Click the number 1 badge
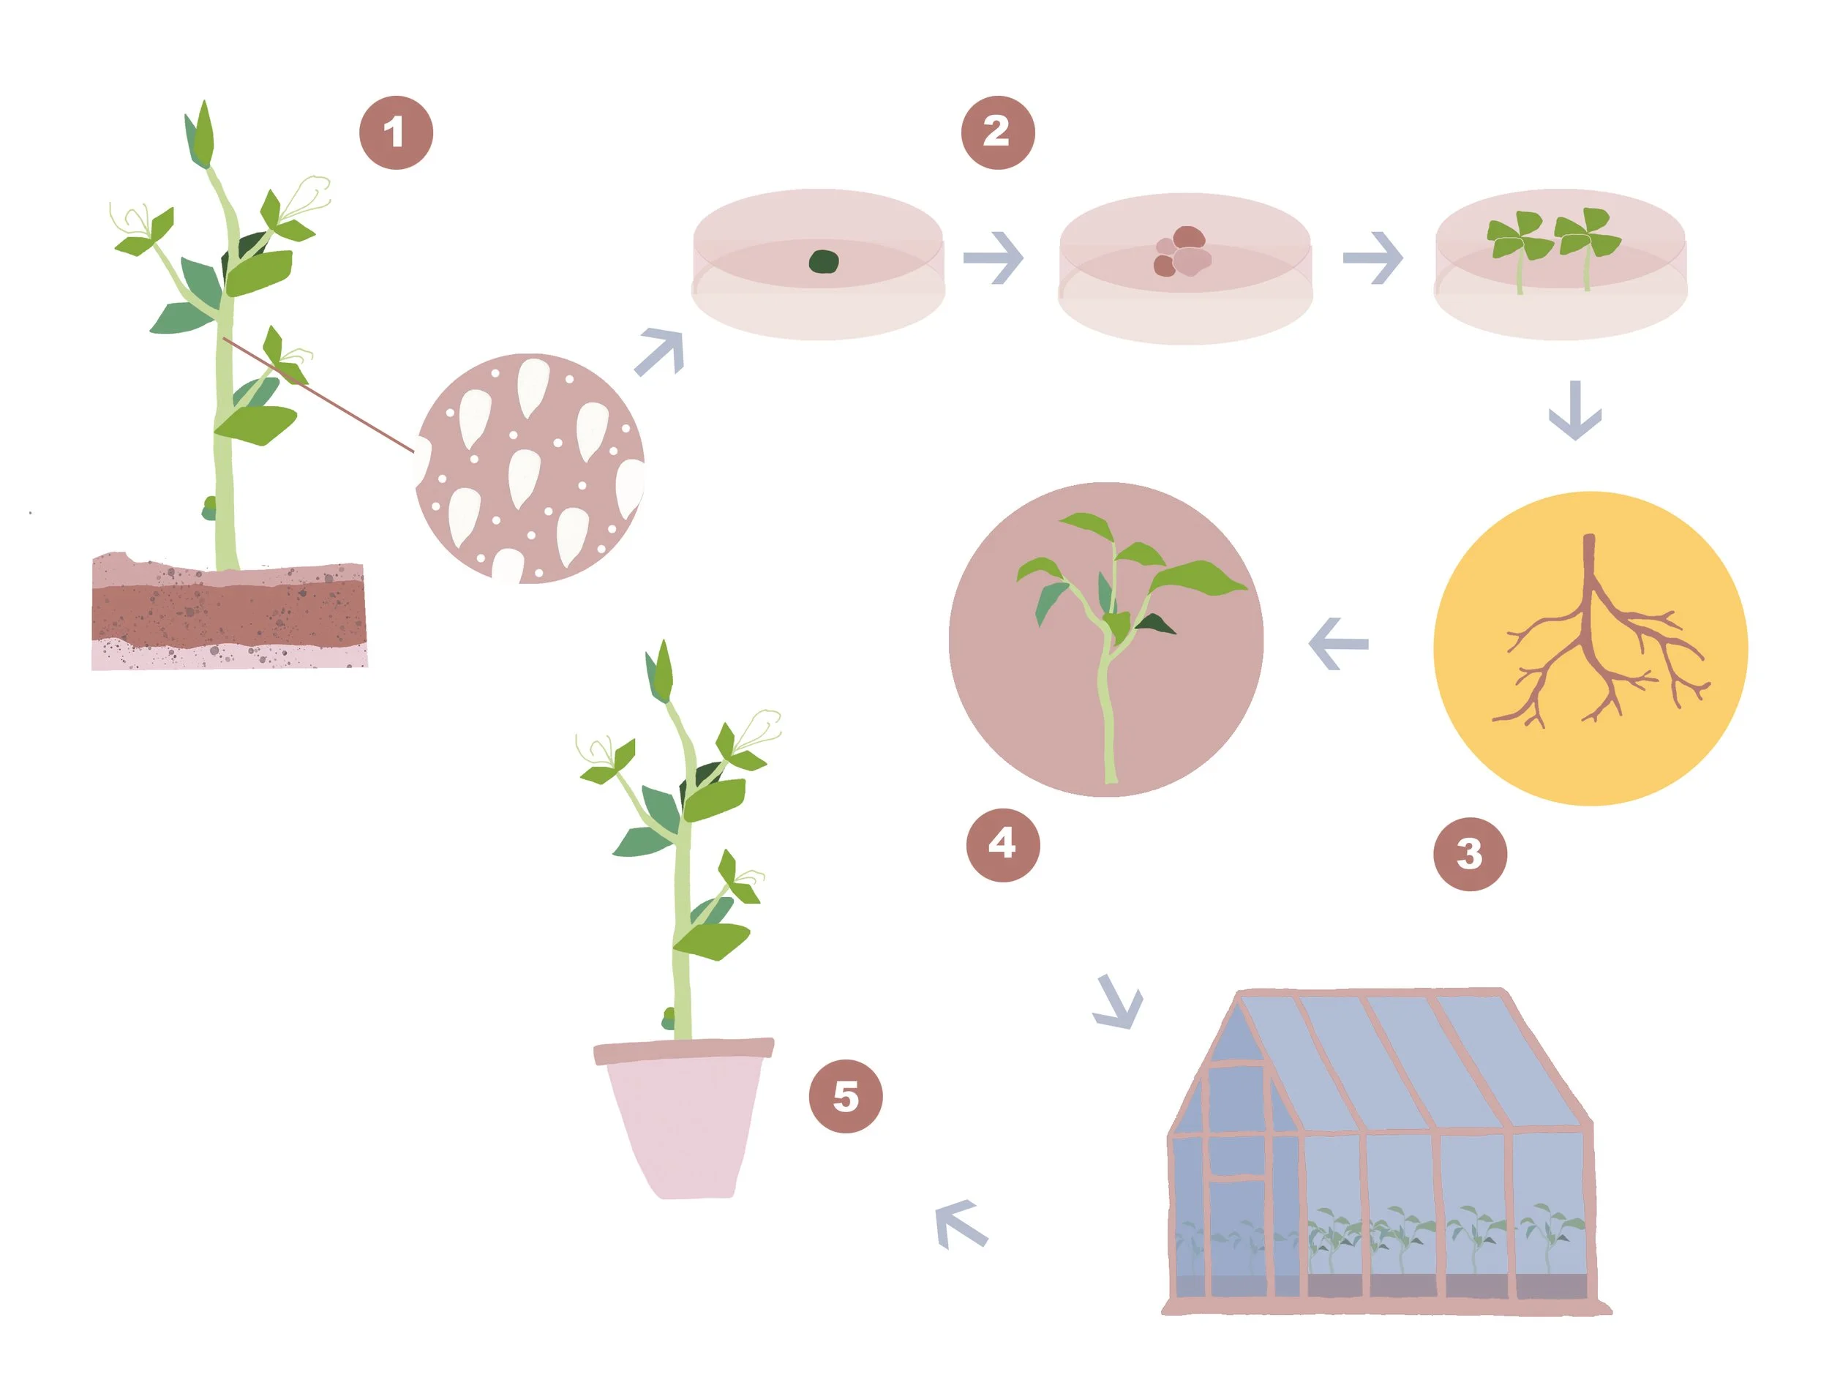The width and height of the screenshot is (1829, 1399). tap(396, 132)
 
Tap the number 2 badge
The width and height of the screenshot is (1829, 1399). tap(997, 132)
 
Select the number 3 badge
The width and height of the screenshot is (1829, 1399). tap(1469, 854)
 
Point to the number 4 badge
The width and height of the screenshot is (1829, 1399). tap(1002, 844)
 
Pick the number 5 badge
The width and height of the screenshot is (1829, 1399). tap(845, 1096)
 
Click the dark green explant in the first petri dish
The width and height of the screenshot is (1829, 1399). tap(823, 260)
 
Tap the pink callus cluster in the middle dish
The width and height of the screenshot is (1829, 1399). tap(1182, 252)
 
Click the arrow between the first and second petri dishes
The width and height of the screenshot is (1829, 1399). tap(994, 258)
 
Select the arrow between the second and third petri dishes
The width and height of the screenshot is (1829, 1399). tap(1372, 258)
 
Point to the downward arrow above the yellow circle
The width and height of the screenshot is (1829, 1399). tap(1574, 411)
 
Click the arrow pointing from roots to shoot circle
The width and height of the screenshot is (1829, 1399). tap(1339, 643)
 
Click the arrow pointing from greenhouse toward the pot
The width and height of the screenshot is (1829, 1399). tap(961, 1223)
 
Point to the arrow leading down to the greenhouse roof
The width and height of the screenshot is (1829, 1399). tap(1118, 1002)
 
